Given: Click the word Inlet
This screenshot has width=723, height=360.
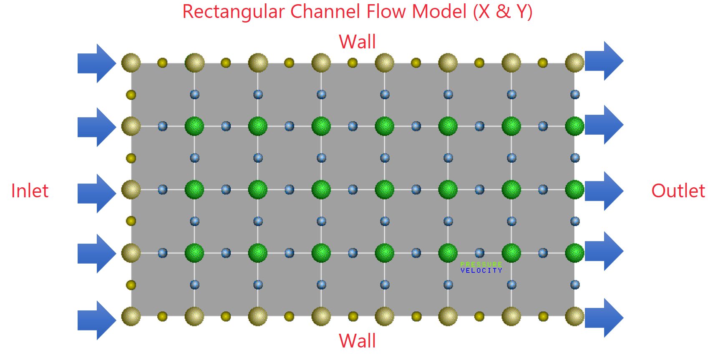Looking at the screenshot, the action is (x=30, y=191).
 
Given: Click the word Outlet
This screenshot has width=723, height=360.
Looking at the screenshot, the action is (x=678, y=191).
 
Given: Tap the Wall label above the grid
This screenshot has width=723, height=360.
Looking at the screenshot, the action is (x=357, y=42).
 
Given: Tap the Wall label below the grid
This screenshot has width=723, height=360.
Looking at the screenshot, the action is (x=357, y=341).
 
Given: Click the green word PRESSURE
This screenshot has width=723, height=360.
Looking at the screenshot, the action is (x=481, y=264).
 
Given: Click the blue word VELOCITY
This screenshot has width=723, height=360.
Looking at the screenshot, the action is (x=481, y=270).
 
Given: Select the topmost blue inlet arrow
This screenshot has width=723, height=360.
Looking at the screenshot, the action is (x=97, y=63).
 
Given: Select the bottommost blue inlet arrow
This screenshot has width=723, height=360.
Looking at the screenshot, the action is (x=97, y=320).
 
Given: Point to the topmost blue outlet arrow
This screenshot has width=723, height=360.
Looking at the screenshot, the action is (x=604, y=61).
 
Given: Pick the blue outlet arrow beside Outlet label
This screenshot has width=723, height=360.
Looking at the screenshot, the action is (x=604, y=191).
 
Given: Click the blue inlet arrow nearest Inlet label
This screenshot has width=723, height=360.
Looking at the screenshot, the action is (x=97, y=194).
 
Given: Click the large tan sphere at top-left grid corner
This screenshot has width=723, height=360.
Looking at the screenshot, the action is (x=131, y=63).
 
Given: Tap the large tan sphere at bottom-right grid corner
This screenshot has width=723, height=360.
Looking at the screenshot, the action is (x=574, y=316).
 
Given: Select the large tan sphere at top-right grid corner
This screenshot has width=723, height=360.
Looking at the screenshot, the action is (x=574, y=63).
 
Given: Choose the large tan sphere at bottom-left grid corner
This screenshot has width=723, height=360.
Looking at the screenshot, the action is (x=131, y=316).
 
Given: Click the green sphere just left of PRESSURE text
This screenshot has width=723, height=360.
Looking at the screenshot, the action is (x=448, y=253).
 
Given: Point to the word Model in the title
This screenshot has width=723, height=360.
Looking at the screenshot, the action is (x=439, y=11).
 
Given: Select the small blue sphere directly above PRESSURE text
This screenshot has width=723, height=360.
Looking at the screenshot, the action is (x=480, y=253).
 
